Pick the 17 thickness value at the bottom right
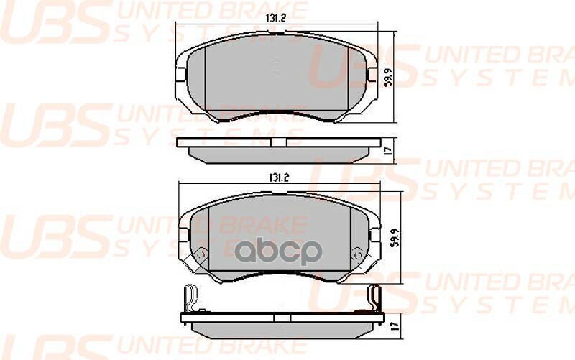[388, 325]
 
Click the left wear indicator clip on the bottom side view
[188, 295]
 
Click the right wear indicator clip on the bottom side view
[372, 294]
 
